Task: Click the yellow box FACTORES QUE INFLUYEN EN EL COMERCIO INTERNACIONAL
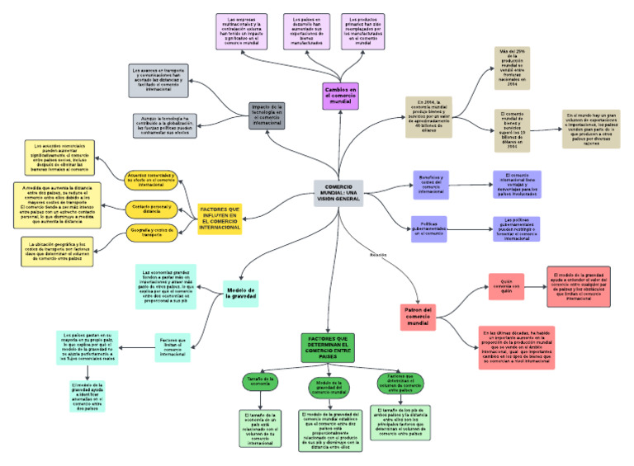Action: coord(220,219)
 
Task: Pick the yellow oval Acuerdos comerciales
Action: coord(150,179)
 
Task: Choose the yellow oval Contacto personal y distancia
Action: coord(150,207)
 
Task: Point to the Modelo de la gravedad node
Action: coord(241,294)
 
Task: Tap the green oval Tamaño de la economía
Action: coord(260,382)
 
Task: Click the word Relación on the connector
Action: coord(378,254)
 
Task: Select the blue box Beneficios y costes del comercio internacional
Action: coord(430,185)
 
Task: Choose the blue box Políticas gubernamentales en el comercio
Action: coord(430,228)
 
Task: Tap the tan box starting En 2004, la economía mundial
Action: coord(428,116)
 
